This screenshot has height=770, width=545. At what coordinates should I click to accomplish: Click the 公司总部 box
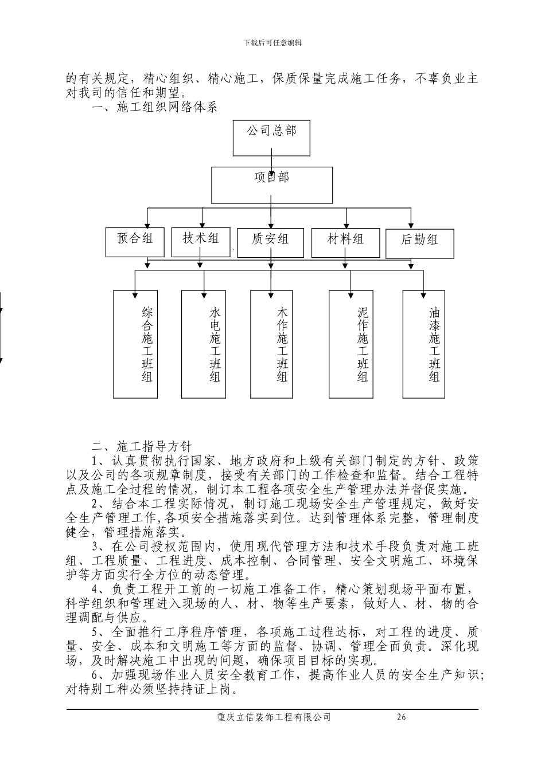[x=271, y=137]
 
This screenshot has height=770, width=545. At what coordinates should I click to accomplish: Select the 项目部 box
[x=272, y=184]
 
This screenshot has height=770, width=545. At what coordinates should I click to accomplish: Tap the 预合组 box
[x=135, y=242]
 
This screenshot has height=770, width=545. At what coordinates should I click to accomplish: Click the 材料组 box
[x=345, y=242]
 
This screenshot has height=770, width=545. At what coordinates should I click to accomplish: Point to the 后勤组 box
[x=419, y=243]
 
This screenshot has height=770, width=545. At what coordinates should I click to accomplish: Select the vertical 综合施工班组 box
[x=135, y=344]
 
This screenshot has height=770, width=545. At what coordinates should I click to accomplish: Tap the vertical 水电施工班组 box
[x=204, y=344]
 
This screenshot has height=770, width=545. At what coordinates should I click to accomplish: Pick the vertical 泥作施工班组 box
[x=351, y=344]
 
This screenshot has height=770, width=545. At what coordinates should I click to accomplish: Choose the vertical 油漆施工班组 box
[x=423, y=344]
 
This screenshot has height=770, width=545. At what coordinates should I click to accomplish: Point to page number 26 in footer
[x=401, y=717]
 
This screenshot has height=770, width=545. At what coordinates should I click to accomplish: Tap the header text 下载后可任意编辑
[x=272, y=42]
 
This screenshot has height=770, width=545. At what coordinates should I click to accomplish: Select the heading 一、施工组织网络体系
[x=155, y=107]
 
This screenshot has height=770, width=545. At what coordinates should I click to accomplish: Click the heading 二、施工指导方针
[x=143, y=446]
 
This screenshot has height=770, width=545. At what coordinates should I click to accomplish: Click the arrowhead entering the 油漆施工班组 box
[x=423, y=294]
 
